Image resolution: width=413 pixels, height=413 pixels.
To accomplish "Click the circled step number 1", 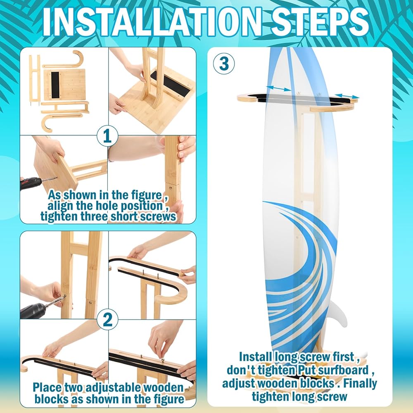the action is click(107, 136).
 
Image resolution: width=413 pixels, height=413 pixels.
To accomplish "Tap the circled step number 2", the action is click(107, 320).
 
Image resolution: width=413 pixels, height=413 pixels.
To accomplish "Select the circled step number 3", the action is click(224, 64).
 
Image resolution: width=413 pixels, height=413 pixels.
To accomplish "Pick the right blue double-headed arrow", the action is click(347, 96).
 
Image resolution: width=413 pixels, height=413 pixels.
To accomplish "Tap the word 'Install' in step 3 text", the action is click(255, 357).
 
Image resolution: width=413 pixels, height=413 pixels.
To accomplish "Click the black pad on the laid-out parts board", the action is click(55, 83).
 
